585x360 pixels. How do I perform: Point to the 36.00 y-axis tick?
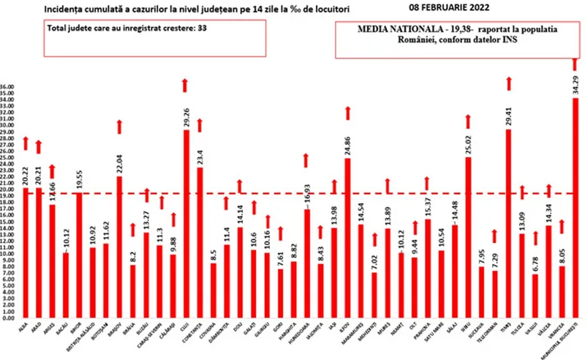pyautogui.click(x=9, y=86)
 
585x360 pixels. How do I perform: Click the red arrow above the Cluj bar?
pyautogui.click(x=185, y=86)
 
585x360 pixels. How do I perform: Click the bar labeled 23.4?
pyautogui.click(x=200, y=242)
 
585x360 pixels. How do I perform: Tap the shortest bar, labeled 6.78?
pyautogui.click(x=535, y=296)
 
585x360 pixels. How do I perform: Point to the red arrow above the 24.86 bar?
pyautogui.click(x=348, y=113)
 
